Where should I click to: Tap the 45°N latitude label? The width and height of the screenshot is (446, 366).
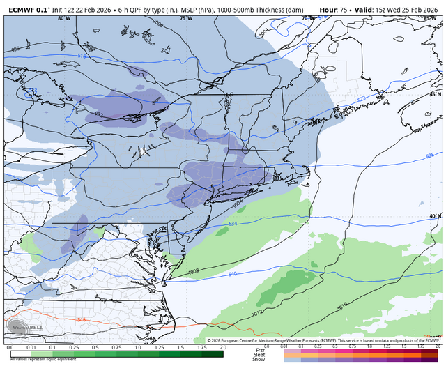coord(434,93)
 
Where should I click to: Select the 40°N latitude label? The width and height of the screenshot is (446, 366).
coord(434,216)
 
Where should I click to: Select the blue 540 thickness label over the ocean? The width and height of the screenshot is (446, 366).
coord(232,274)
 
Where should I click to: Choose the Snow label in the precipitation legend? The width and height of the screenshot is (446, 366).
coord(259,358)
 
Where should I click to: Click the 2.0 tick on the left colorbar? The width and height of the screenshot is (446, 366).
coord(222,346)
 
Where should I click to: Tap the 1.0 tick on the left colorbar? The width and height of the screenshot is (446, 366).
coord(137,346)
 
